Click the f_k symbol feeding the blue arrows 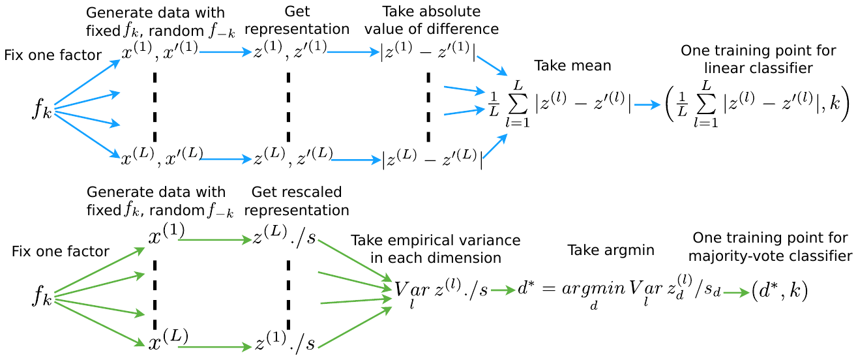(42, 110)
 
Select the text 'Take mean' (564, 65)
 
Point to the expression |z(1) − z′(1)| (427, 53)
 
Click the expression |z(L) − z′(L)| (432, 158)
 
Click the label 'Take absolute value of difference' (441, 20)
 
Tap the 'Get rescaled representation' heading (296, 201)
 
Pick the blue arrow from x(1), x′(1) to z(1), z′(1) (225, 52)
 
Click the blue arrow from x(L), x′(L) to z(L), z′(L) (226, 158)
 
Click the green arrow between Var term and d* (503, 291)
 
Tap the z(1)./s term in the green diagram (285, 344)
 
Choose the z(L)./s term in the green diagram (285, 238)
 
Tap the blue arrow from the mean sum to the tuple (647, 104)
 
